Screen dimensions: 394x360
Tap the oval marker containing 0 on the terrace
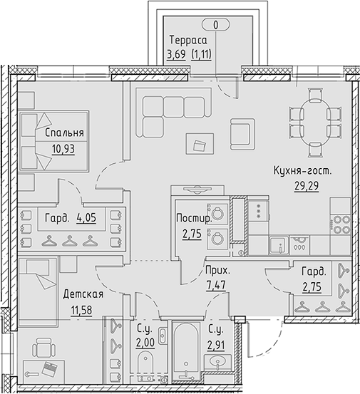click(x=217, y=25)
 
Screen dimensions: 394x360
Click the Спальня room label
click(x=64, y=133)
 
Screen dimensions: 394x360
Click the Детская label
click(x=83, y=294)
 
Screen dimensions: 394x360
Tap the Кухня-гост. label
click(x=303, y=171)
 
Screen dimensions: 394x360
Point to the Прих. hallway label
click(x=217, y=271)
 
